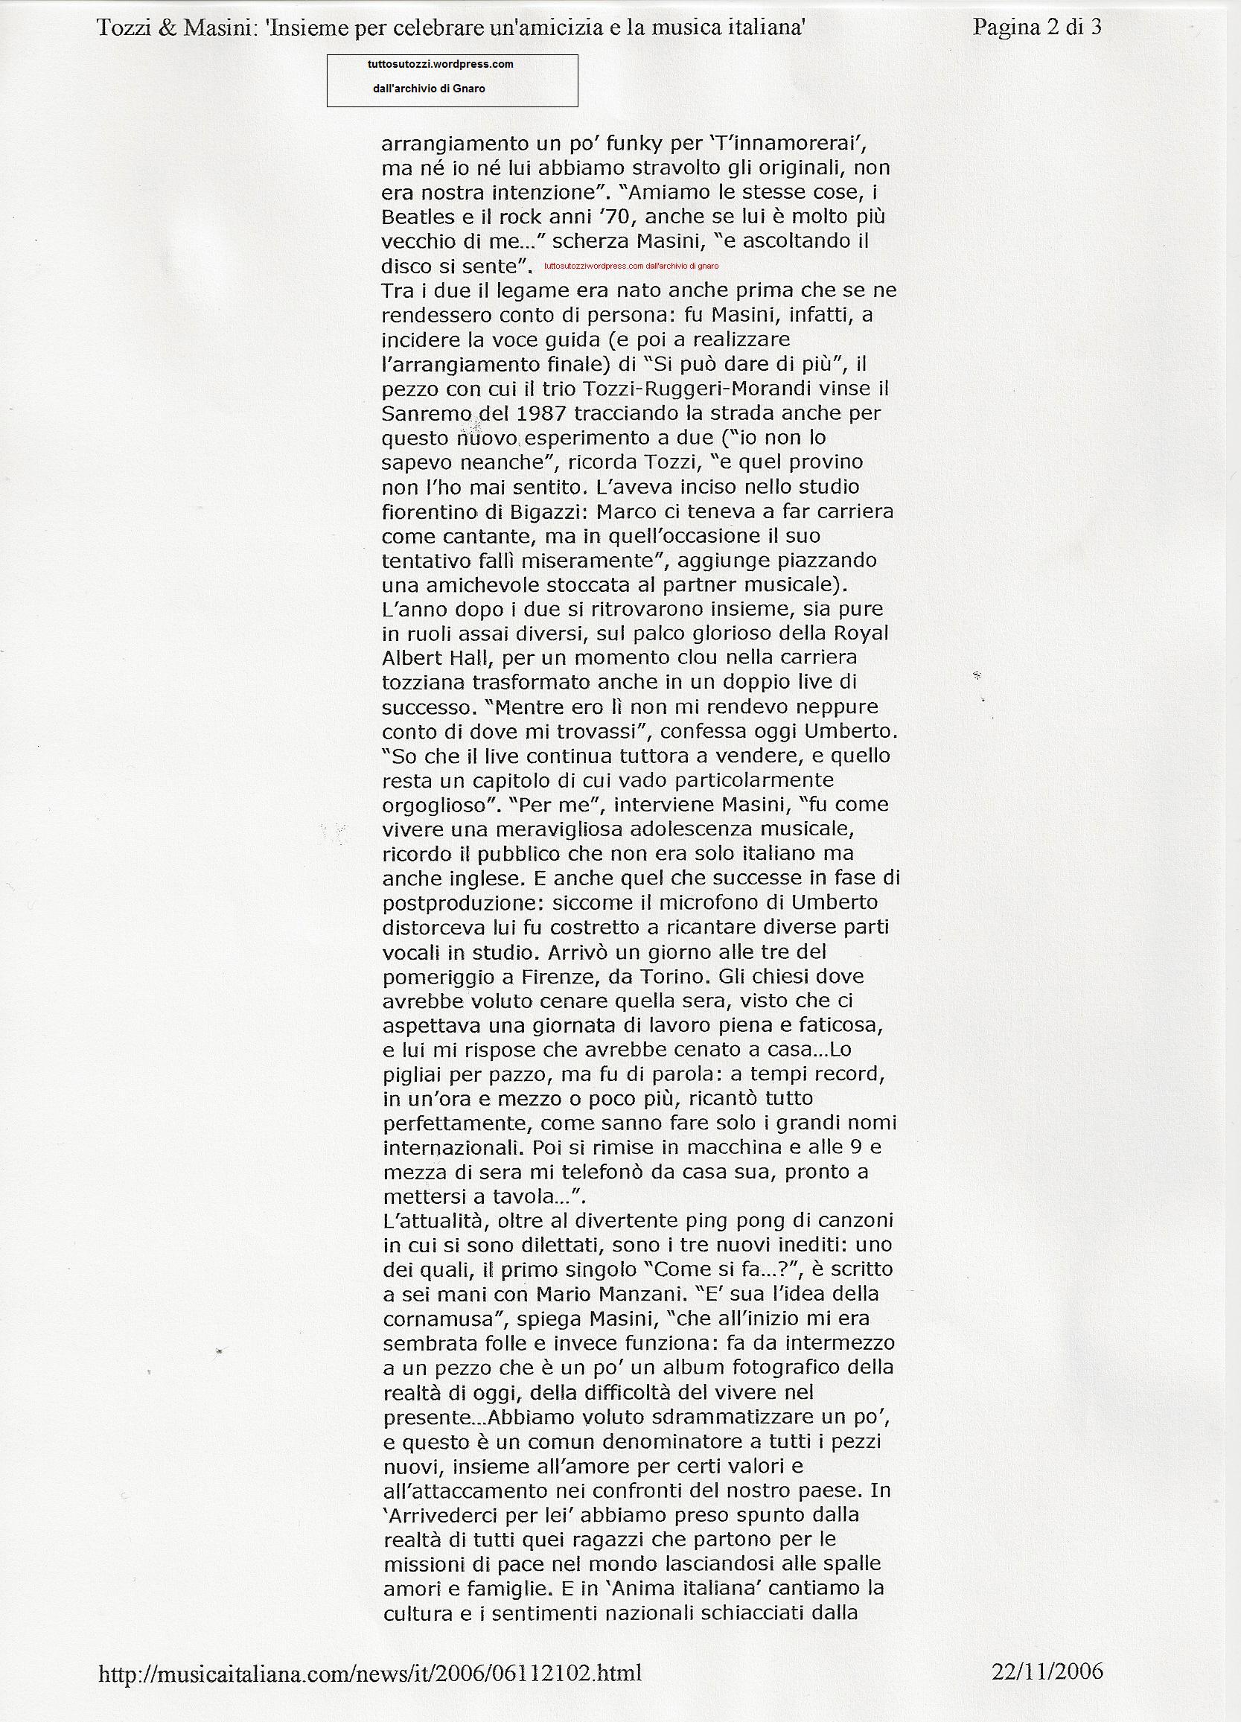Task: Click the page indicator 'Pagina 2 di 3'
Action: pyautogui.click(x=1037, y=29)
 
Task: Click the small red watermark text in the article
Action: pyautogui.click(x=631, y=266)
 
